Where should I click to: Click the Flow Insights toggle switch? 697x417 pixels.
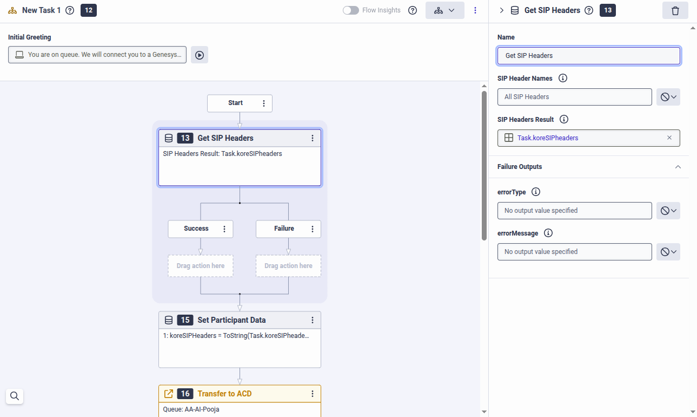pos(351,10)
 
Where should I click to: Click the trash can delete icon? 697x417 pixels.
pos(675,11)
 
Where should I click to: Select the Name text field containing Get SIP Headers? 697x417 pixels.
pos(588,56)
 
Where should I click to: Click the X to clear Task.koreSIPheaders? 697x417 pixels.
pos(669,138)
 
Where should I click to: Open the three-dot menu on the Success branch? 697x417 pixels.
pos(224,229)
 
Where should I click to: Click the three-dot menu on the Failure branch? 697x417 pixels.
pos(313,229)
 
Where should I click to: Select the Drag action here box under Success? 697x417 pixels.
pos(201,266)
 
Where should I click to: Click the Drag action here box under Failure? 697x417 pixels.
pos(288,266)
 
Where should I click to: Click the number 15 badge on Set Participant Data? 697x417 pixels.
pos(185,320)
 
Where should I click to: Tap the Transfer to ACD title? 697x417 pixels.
pos(224,394)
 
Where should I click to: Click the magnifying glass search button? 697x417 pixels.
pos(15,396)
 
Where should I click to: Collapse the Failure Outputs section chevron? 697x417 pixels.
pos(678,167)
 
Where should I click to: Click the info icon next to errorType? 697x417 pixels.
pos(535,192)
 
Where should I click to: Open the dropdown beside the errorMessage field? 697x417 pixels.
pos(668,252)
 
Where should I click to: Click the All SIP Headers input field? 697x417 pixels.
pos(574,97)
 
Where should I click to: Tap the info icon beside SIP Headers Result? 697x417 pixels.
pos(564,119)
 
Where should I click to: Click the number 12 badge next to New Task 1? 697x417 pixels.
pos(89,10)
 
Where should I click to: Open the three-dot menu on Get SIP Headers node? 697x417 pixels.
pos(313,138)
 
